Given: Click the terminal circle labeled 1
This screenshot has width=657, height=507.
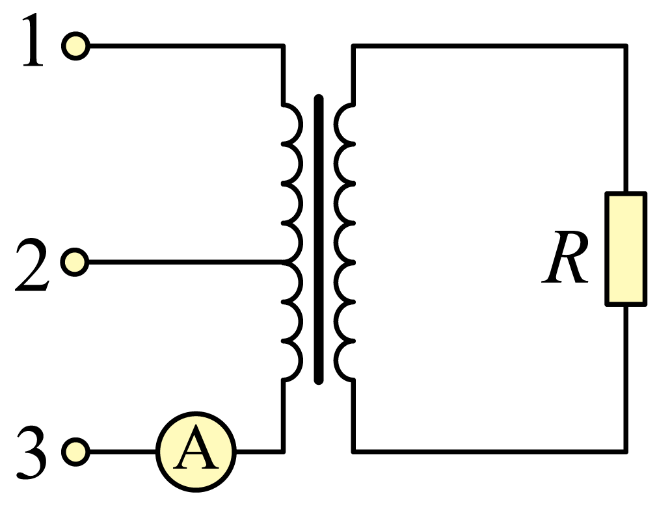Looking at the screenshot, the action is tap(75, 45).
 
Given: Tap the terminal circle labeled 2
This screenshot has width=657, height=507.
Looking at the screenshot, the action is tap(75, 262).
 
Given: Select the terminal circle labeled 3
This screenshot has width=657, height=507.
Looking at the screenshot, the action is tap(75, 452).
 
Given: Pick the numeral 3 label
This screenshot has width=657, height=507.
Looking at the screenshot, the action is tap(31, 452).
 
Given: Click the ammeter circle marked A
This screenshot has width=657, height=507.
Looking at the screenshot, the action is tap(196, 452).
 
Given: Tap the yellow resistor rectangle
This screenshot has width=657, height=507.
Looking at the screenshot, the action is tap(626, 249).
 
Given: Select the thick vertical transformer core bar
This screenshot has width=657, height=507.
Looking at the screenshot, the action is tap(319, 239).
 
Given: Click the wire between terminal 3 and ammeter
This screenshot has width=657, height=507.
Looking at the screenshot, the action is tap(123, 452).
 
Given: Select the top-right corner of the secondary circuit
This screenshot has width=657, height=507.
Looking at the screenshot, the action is tap(626, 45).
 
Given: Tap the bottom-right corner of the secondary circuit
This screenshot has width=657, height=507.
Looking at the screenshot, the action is tap(626, 452).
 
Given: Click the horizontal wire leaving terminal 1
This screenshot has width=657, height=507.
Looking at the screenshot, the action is tap(187, 45).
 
